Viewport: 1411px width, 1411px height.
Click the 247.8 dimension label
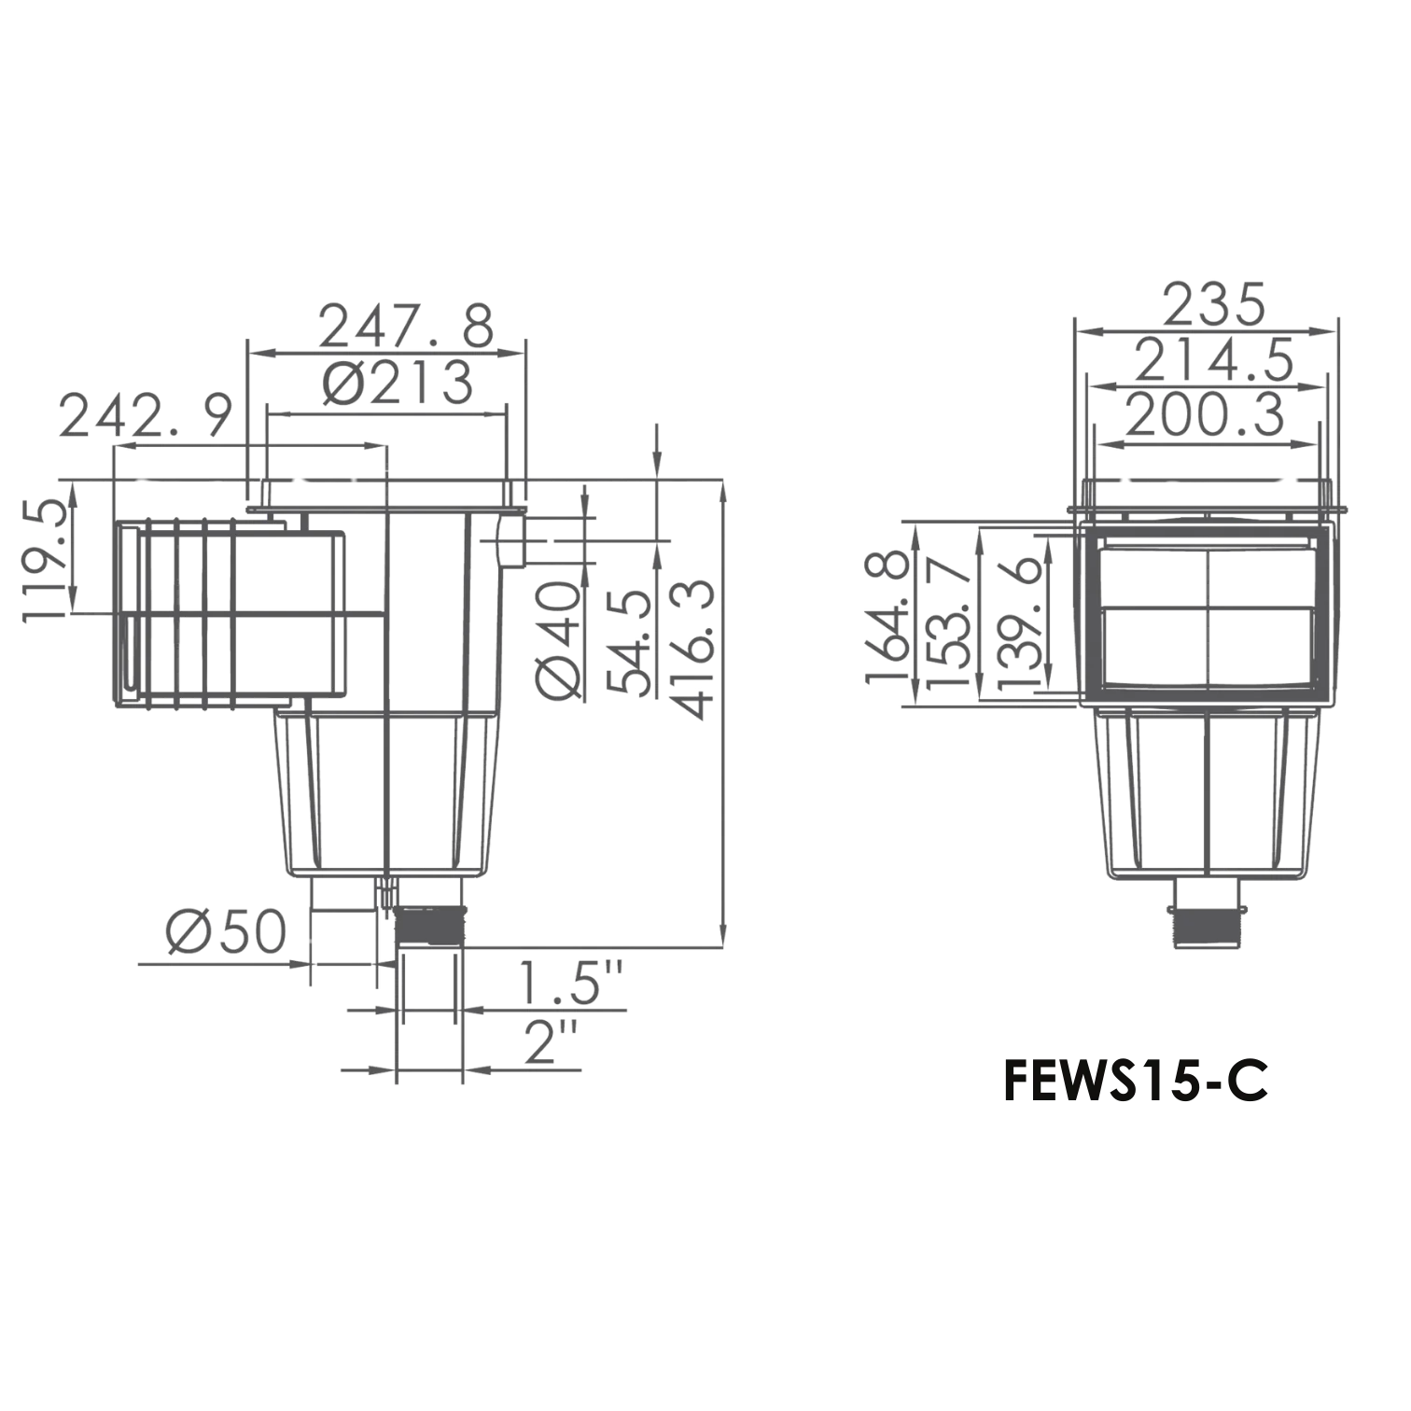click(x=405, y=325)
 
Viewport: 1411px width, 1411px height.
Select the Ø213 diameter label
click(x=398, y=384)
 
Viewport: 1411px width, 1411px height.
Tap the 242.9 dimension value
click(x=145, y=416)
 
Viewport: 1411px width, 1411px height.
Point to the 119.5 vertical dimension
click(x=43, y=560)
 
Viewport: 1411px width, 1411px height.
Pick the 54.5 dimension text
click(x=628, y=642)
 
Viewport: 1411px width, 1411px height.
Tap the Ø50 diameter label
click(x=225, y=931)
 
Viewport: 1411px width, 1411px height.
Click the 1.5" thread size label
click(x=570, y=982)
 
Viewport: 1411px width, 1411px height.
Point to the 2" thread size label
click(x=552, y=1041)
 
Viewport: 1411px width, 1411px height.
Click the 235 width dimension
click(x=1213, y=303)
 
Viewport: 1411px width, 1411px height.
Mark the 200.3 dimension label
click(x=1205, y=415)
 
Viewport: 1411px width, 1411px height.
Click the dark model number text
click(x=1133, y=1082)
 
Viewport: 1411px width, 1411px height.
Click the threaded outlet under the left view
click(x=428, y=925)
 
